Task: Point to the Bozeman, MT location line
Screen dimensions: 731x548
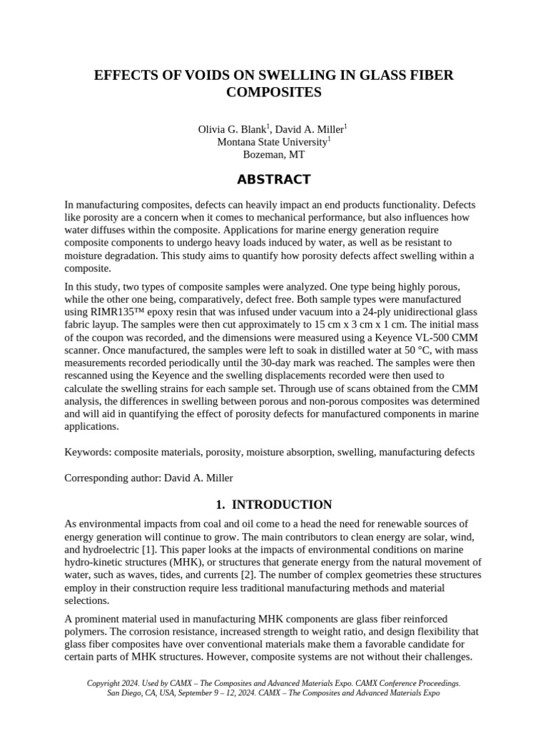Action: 273,154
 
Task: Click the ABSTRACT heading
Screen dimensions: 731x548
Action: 273,179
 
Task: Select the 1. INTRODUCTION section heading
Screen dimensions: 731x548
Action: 273,505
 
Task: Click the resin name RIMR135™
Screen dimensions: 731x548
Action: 121,312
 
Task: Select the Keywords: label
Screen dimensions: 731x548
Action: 88,452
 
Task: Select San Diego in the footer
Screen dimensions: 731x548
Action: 125,693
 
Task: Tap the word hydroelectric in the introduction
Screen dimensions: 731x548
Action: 109,549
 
